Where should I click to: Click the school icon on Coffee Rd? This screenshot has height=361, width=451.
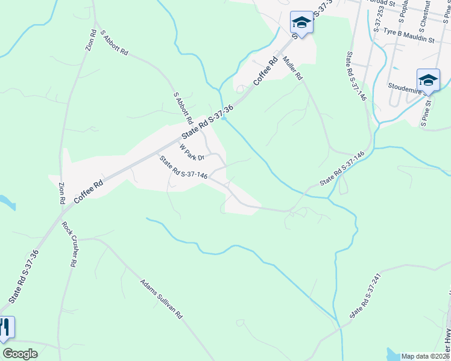[x=301, y=23]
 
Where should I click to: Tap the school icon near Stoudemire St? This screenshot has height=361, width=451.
[x=428, y=80]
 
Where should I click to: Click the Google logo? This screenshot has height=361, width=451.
[x=20, y=353]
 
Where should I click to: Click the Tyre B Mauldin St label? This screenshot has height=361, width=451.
[x=408, y=39]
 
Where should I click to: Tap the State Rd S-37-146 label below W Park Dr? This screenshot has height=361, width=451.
[x=183, y=167]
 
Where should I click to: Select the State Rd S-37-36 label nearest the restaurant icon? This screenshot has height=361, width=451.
[x=25, y=276]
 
